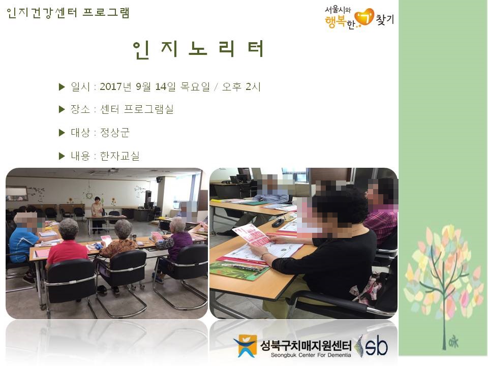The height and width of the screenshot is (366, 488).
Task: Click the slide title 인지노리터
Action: pyautogui.click(x=198, y=49)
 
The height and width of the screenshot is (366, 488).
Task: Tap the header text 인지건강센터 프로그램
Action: pyautogui.click(x=68, y=13)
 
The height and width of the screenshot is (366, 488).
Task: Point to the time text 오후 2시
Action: pyautogui.click(x=241, y=86)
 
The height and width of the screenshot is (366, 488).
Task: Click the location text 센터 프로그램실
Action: pyautogui.click(x=137, y=109)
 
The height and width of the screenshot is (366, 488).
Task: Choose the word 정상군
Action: pyautogui.click(x=114, y=133)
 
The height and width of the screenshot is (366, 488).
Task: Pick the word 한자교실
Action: pyautogui.click(x=120, y=156)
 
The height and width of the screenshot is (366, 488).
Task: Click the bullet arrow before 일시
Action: pyautogui.click(x=62, y=87)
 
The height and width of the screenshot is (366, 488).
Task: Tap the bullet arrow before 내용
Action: pyautogui.click(x=62, y=156)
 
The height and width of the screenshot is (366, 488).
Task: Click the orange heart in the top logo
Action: pyautogui.click(x=365, y=17)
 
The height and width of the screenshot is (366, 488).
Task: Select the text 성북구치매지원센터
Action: pyautogui.click(x=306, y=345)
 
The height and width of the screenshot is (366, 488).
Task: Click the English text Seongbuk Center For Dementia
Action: pyautogui.click(x=311, y=355)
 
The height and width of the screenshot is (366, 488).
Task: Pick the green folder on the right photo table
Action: pyautogui.click(x=239, y=270)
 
